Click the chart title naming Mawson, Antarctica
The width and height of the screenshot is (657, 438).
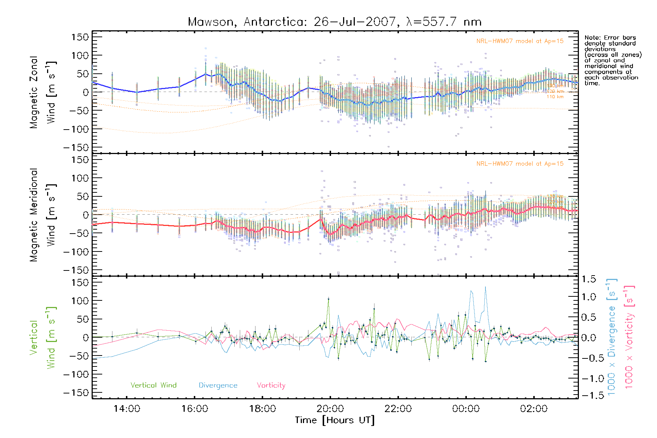334,22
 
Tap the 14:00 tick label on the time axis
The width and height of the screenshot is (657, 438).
127,408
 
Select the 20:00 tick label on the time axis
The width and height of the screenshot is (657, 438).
330,408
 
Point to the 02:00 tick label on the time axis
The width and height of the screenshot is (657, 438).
534,408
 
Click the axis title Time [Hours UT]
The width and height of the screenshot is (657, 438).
334,420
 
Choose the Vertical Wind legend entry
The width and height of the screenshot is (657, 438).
153,385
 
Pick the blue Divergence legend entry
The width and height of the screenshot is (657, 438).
218,385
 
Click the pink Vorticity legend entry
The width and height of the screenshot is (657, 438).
271,385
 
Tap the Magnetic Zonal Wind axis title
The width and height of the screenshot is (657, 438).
43,92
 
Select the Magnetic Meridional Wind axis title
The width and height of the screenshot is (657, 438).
43,215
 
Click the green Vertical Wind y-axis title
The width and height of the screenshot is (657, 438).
43,337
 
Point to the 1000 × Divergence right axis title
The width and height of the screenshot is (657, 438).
612,337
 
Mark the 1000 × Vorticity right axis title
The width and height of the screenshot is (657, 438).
629,337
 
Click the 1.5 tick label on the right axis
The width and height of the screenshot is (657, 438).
588,279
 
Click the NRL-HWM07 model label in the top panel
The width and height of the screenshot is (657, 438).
520,41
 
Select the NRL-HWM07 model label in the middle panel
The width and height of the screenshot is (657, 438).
520,164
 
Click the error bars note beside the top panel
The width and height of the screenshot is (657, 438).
612,60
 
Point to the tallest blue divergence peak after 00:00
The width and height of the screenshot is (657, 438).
485,287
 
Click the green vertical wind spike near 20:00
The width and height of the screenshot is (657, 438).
328,299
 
